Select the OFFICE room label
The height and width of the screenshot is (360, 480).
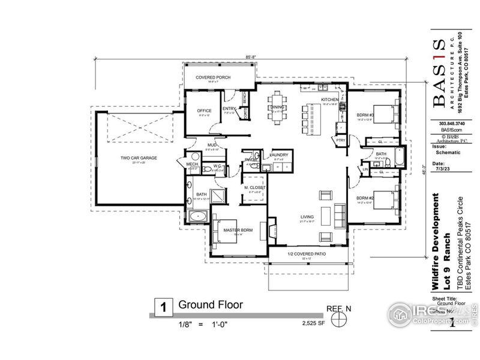tap(204, 110)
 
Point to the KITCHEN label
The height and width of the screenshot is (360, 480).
tap(329, 100)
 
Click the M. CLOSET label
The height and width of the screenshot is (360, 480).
tap(254, 188)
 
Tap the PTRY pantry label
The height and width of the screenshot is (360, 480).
tap(341, 140)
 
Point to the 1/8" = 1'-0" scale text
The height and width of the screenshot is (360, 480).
tap(203, 324)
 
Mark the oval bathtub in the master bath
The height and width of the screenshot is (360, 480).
tap(198, 216)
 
